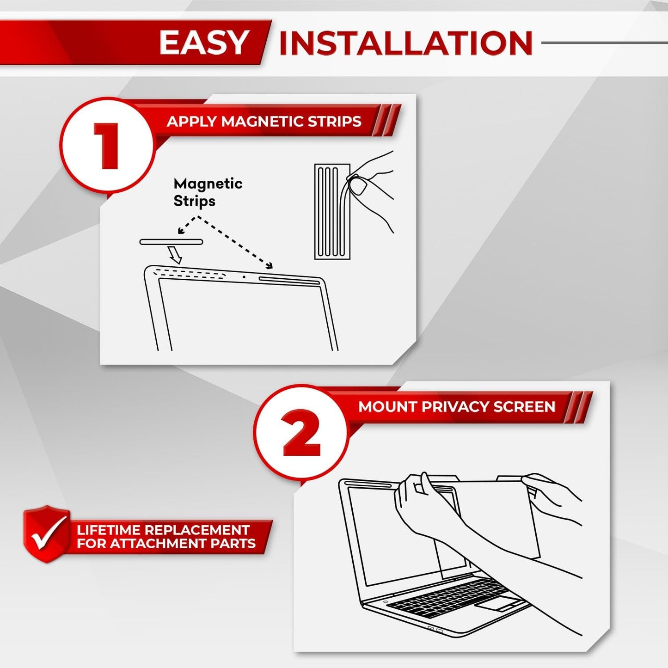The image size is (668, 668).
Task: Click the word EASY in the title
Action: point(204,43)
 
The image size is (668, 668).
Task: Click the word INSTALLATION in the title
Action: point(406,43)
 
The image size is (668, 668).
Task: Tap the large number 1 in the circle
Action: point(108,146)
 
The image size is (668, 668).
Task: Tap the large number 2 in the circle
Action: point(301,433)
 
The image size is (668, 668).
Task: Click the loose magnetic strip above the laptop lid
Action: point(171,242)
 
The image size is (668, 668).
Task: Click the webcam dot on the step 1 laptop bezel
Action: point(244,277)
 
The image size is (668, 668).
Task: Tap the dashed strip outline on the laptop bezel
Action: point(190,274)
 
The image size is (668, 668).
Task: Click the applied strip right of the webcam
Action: point(289,280)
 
